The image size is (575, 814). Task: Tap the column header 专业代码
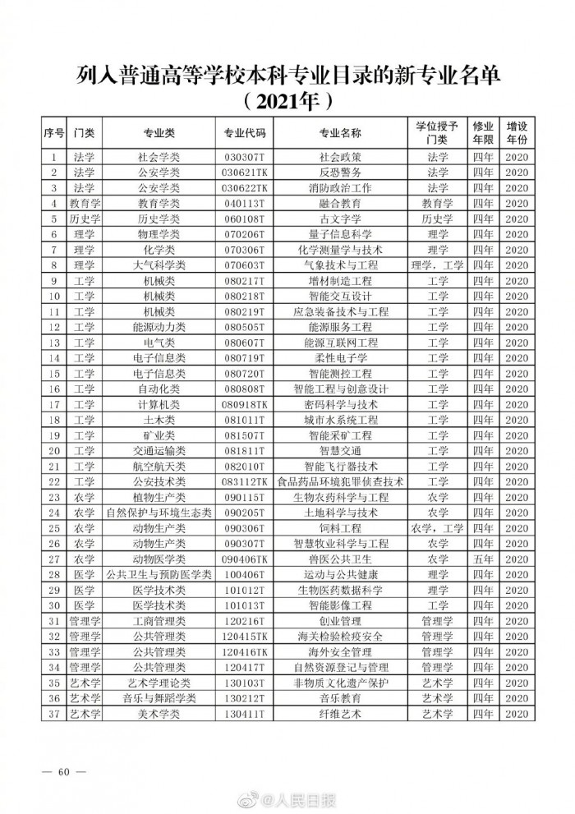(245, 132)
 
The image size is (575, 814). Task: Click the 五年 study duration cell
(482, 559)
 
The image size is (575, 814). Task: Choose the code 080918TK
(245, 404)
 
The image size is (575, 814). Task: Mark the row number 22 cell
(54, 481)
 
